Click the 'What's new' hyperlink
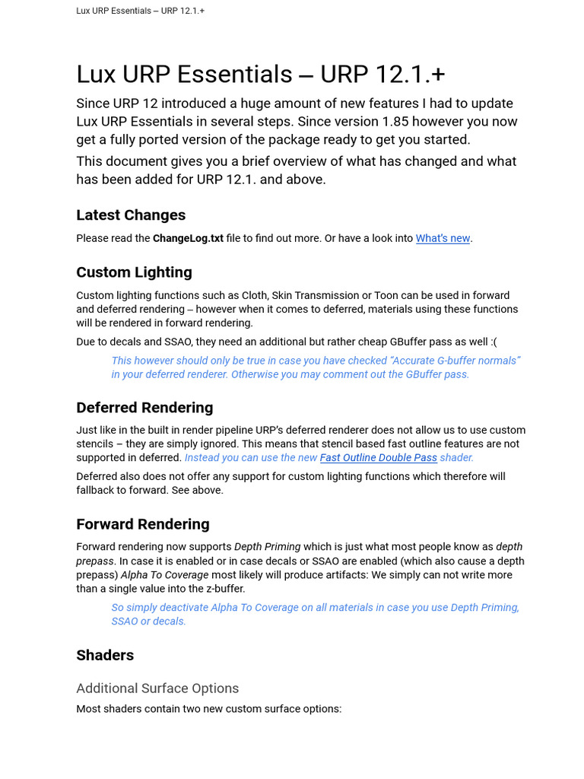(443, 238)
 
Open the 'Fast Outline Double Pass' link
(378, 457)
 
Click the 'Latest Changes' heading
(131, 215)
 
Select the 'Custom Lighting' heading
(134, 272)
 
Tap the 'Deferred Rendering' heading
(144, 408)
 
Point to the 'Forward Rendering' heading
(143, 524)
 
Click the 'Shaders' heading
(105, 655)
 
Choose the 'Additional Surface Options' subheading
(157, 688)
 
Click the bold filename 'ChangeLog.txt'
(188, 238)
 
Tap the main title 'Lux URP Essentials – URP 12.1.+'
(261, 75)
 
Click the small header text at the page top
(140, 11)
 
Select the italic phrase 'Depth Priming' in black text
(267, 547)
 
